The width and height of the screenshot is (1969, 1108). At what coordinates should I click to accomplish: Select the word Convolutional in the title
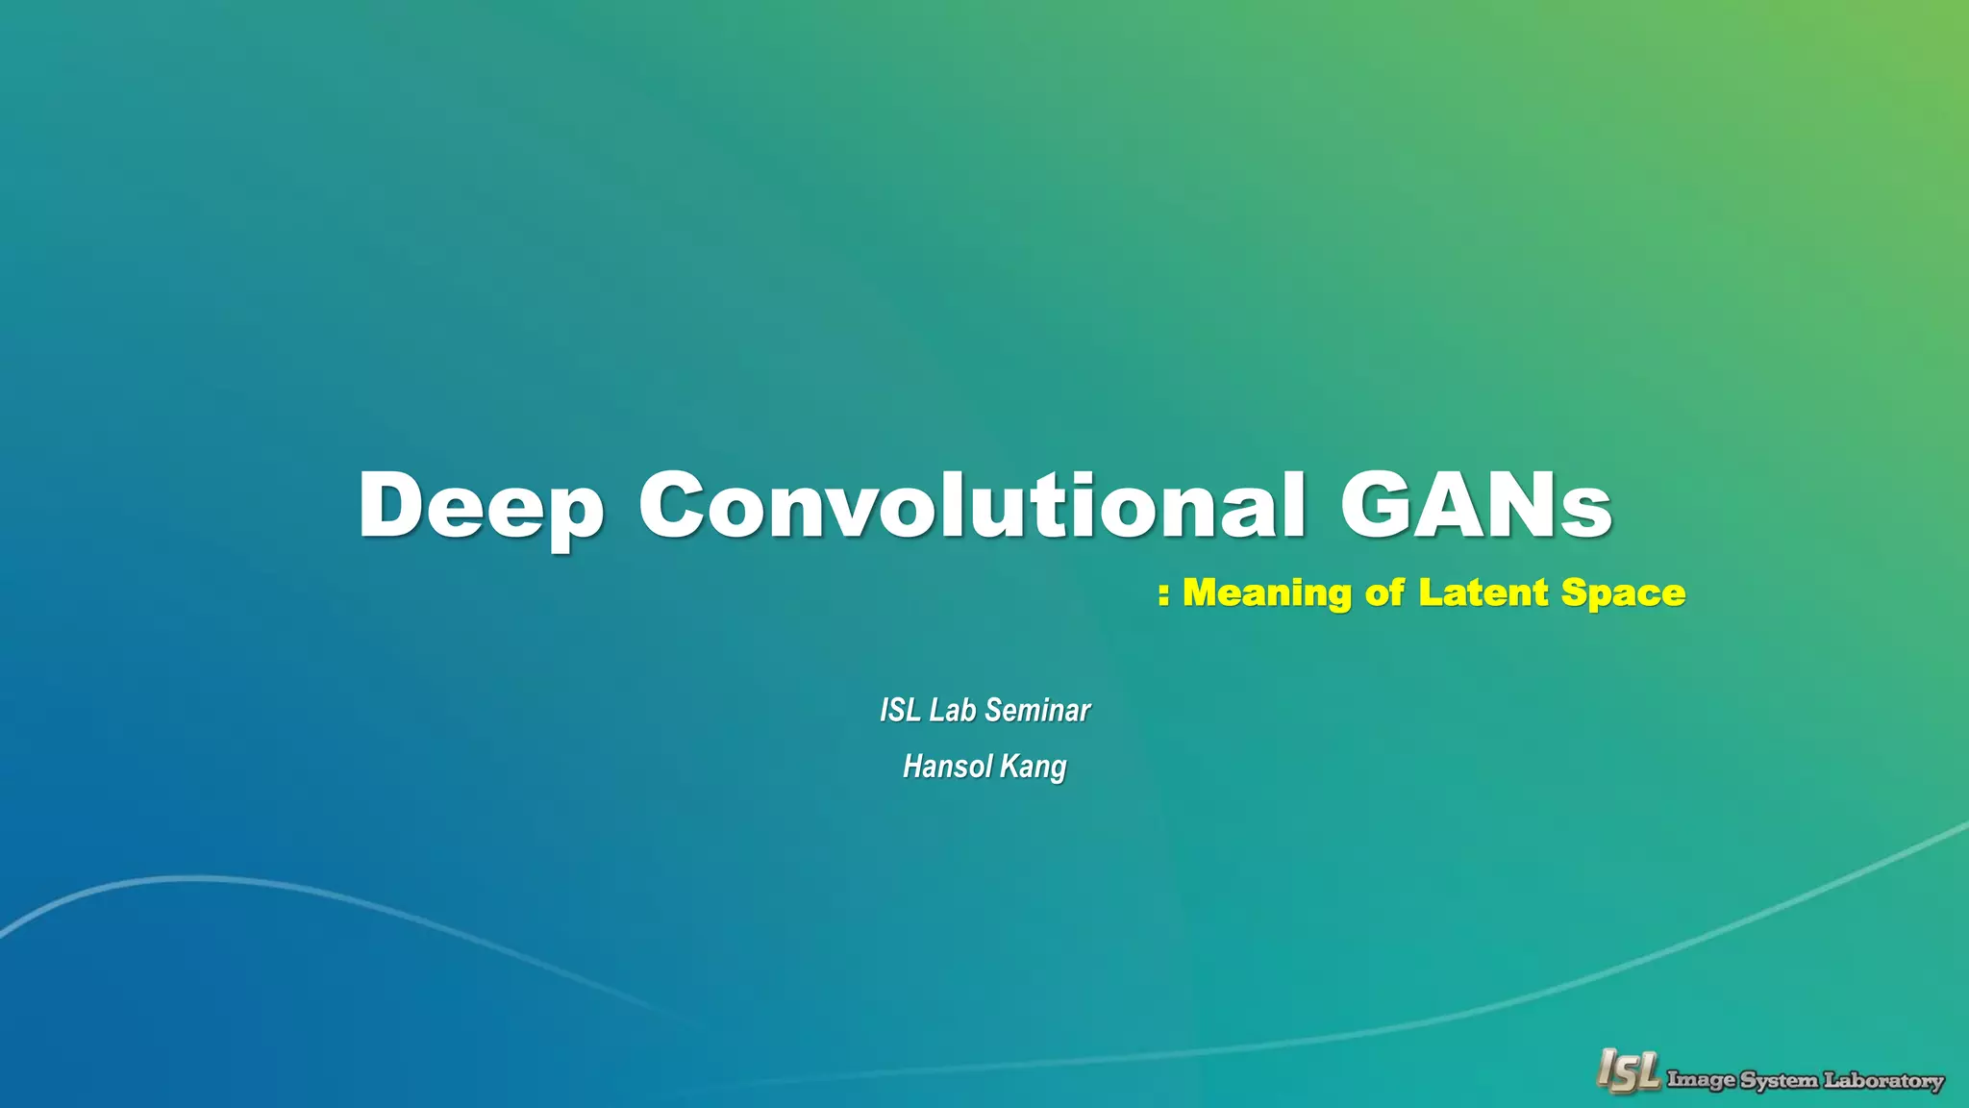(971, 505)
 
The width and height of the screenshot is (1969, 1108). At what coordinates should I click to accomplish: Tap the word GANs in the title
(1476, 505)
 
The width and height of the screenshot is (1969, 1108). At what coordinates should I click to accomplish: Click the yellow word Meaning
(1267, 593)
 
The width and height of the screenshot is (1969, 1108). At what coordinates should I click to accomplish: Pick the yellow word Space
(1623, 593)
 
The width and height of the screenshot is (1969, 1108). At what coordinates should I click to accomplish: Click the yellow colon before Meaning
(1163, 594)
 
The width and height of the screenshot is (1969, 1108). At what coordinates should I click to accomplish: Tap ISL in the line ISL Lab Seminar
(900, 710)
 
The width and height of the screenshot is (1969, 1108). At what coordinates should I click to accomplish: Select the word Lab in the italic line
(953, 710)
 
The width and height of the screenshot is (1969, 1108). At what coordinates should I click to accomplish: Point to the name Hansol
(946, 767)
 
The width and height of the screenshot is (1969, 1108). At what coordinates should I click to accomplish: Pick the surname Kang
(1034, 768)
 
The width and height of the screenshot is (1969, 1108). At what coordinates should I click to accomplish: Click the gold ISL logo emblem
(1628, 1070)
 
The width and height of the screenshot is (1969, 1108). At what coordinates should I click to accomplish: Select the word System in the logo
(1779, 1080)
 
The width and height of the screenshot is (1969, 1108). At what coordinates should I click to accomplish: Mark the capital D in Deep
(393, 505)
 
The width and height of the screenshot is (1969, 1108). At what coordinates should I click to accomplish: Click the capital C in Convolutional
(676, 505)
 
